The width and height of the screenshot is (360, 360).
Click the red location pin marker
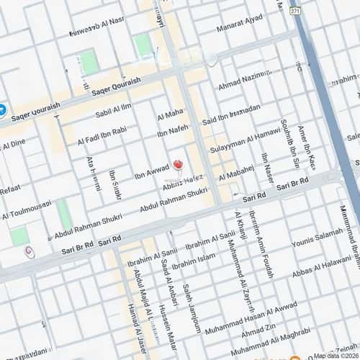[x=178, y=165]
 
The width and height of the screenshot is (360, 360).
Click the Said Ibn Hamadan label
[x=231, y=115]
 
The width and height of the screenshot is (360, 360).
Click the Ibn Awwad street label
[x=151, y=173]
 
